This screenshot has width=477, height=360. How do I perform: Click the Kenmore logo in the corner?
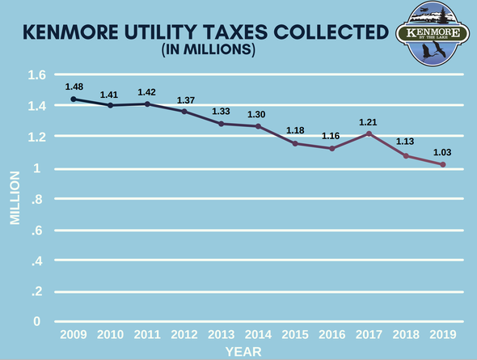point(438,34)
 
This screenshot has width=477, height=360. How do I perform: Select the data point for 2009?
point(74,100)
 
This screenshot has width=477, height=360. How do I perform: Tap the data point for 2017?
point(369,133)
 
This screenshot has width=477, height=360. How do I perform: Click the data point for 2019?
point(442,165)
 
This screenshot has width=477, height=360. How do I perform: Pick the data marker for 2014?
point(258,126)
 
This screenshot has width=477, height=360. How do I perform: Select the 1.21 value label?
point(369,122)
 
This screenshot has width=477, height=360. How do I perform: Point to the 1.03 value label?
point(442,153)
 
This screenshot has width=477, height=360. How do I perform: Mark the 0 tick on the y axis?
point(37,322)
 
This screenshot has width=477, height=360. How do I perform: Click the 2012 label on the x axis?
point(184,334)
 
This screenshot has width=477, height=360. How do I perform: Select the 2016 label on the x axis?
point(332,334)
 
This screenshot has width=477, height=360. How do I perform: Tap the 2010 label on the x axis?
point(111,334)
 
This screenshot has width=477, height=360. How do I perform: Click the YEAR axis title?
point(243,351)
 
